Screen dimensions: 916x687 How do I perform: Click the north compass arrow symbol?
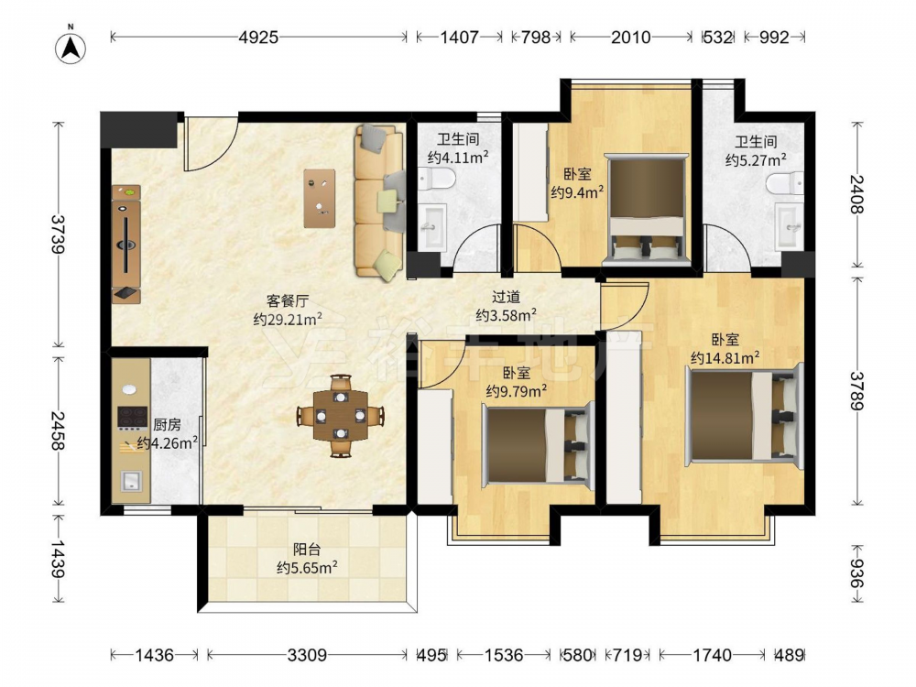click(71, 47)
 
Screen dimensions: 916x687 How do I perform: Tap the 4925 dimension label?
click(259, 38)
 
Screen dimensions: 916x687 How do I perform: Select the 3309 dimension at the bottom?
click(307, 655)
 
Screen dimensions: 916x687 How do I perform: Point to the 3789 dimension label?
click(857, 391)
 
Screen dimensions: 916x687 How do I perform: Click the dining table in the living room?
click(341, 415)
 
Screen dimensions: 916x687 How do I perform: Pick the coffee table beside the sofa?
click(320, 199)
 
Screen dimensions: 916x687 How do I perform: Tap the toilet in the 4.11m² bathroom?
click(436, 179)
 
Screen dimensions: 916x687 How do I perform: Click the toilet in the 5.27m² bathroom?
click(785, 183)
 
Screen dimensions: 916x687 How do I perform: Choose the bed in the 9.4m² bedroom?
click(647, 209)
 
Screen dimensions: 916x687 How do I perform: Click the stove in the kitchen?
click(131, 418)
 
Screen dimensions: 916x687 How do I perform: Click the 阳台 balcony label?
click(307, 550)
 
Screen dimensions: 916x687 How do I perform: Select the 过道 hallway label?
click(506, 298)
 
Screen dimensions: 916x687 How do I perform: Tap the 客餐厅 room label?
click(288, 300)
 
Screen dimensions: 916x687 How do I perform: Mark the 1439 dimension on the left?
click(58, 559)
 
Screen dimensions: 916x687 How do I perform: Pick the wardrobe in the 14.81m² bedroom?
click(624, 419)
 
